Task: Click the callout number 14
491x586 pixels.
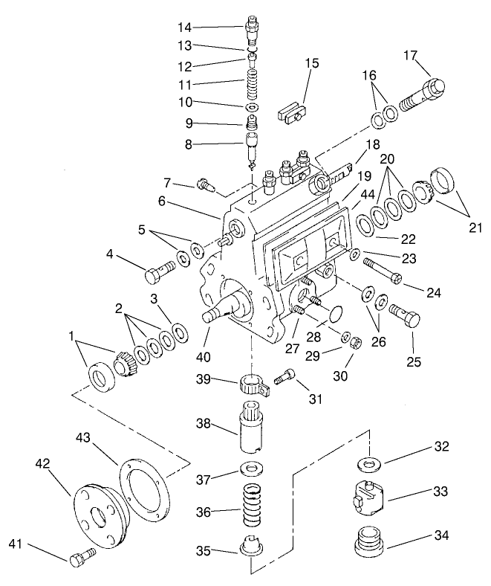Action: [184, 28]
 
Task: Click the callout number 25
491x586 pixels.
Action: [413, 363]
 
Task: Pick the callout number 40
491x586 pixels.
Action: [203, 357]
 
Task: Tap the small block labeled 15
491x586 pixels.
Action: [293, 115]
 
